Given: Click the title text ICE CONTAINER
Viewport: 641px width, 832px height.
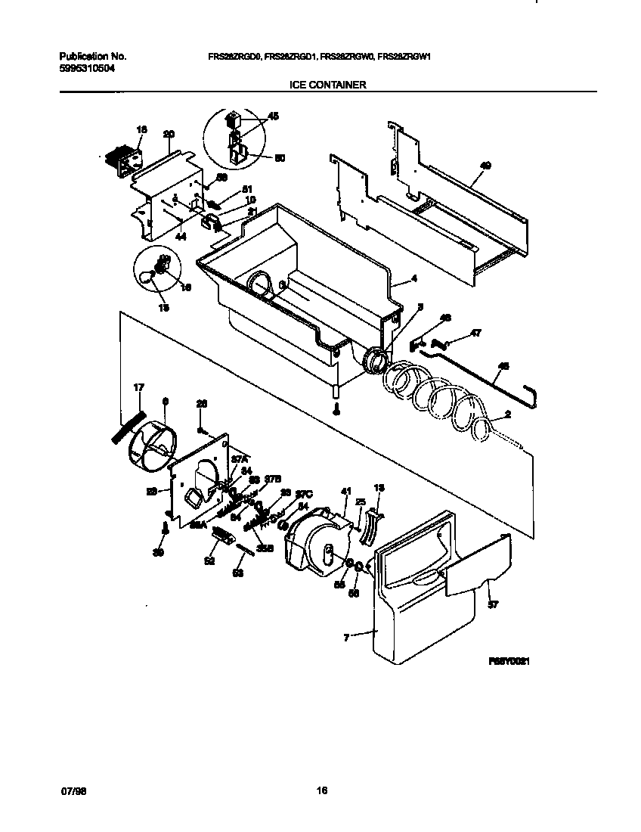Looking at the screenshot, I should click(328, 85).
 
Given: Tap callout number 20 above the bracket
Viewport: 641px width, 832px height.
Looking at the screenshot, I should click(169, 134).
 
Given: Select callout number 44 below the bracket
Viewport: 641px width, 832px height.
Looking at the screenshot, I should click(181, 237).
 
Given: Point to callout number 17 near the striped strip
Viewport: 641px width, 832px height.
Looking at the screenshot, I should click(138, 388).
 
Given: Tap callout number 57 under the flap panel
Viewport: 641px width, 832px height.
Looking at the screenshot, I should click(493, 605).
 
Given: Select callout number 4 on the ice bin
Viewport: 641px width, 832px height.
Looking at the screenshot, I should click(413, 279).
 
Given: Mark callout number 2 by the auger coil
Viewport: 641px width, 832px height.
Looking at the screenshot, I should click(507, 414).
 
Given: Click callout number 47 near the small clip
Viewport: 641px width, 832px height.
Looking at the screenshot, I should click(475, 332).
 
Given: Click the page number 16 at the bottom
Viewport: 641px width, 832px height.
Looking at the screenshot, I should click(321, 791).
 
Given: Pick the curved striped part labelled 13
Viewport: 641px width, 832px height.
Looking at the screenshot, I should click(368, 523).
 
